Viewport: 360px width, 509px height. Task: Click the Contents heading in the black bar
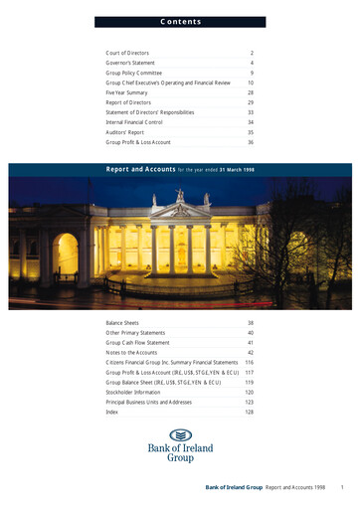(x=180, y=21)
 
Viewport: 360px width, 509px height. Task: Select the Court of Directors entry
(x=128, y=51)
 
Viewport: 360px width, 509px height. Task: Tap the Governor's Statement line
(x=131, y=63)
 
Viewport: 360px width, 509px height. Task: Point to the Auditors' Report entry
(x=126, y=130)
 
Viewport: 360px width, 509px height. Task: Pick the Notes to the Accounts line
(x=131, y=353)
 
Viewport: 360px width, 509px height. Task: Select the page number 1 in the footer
(x=341, y=488)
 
